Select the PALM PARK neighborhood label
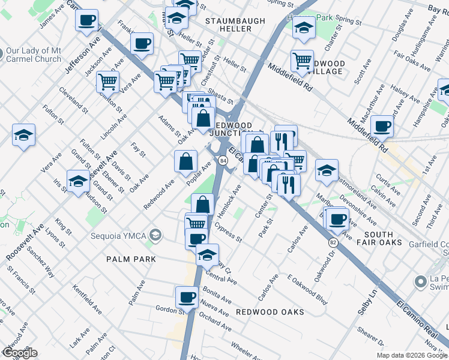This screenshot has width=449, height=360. [131, 259]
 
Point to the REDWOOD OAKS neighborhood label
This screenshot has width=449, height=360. [270, 312]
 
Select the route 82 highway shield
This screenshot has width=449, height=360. [333, 241]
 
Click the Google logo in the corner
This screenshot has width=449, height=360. [19, 353]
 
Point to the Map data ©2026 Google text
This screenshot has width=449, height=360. [411, 355]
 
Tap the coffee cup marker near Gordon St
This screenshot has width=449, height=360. [187, 297]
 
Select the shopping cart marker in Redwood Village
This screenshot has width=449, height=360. [302, 61]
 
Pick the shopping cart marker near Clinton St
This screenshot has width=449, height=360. [107, 81]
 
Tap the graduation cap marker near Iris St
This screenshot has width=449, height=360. [78, 181]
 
